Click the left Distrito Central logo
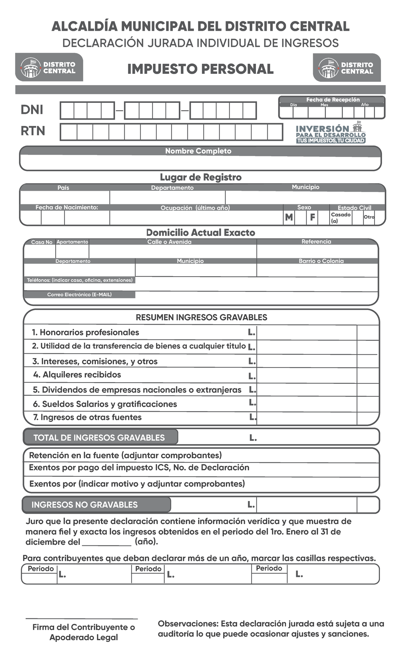tap(49, 67)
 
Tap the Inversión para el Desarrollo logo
tap(330, 134)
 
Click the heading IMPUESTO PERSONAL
tap(200, 69)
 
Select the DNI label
tap(32, 110)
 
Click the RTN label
tap(33, 131)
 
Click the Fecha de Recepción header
tap(332, 100)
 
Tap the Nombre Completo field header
tap(198, 151)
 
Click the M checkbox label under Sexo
tap(289, 217)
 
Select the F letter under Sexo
tap(312, 217)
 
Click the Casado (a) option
tap(340, 217)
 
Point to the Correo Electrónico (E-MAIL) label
tap(79, 295)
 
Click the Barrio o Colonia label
tap(321, 261)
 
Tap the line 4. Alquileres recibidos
tap(77, 375)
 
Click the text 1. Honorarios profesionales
tap(86, 332)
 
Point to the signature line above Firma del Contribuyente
tap(82, 619)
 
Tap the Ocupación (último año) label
tap(195, 208)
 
